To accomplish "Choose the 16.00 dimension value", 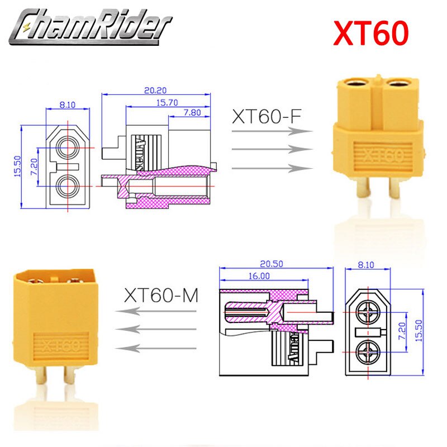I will [257, 275].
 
